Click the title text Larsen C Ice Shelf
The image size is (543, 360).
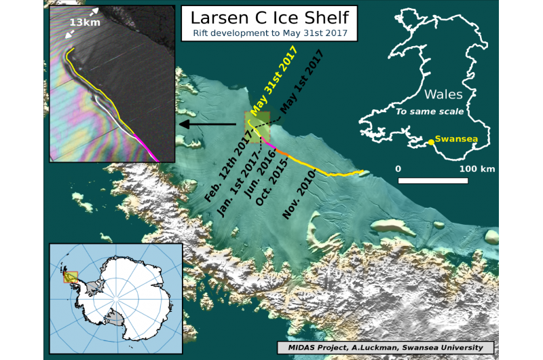pyautogui.click(x=269, y=18)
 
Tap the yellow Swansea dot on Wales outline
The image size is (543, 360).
pyautogui.click(x=431, y=142)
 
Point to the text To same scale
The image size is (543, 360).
pyautogui.click(x=429, y=111)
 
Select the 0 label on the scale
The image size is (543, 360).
pyautogui.click(x=398, y=168)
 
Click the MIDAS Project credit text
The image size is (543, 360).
pyautogui.click(x=386, y=347)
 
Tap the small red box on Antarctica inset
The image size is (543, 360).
pyautogui.click(x=71, y=276)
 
